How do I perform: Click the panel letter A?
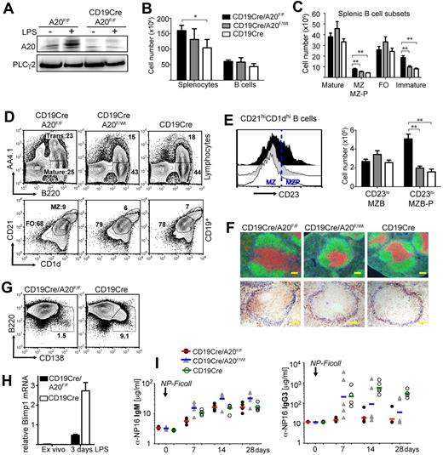(7, 9)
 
